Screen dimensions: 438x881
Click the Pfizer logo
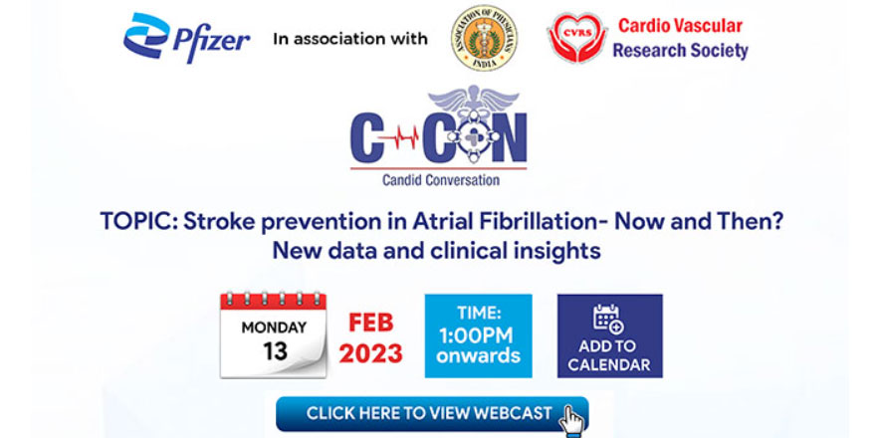tap(186, 39)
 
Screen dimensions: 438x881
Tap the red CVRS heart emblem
tap(576, 37)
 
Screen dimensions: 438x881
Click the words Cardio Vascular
tap(681, 25)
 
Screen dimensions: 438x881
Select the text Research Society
tap(680, 50)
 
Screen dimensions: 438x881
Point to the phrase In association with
tap(349, 39)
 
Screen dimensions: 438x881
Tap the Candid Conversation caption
tap(440, 180)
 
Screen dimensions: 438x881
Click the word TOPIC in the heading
tap(134, 222)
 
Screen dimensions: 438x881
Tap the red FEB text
tap(371, 323)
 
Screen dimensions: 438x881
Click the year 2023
tap(371, 352)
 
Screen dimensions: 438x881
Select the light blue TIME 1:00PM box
tap(478, 335)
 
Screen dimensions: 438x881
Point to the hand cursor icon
tap(573, 419)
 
